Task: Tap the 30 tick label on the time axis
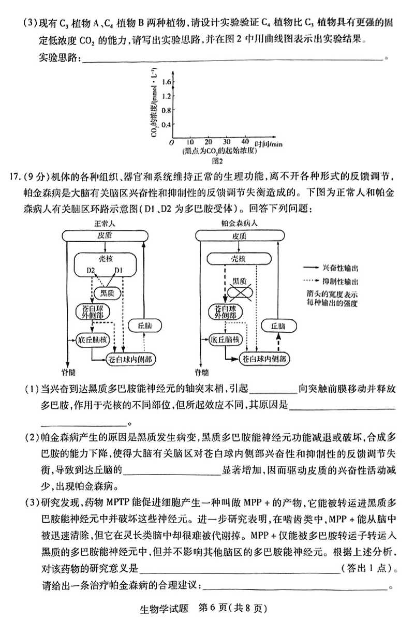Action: pyautogui.click(x=226, y=142)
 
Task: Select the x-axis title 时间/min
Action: pyautogui.click(x=269, y=143)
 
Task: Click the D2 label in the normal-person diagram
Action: pyautogui.click(x=91, y=270)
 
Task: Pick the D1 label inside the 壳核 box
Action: pyautogui.click(x=119, y=270)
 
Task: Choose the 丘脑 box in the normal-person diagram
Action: pyautogui.click(x=145, y=325)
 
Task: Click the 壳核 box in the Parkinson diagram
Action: pyautogui.click(x=239, y=258)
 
